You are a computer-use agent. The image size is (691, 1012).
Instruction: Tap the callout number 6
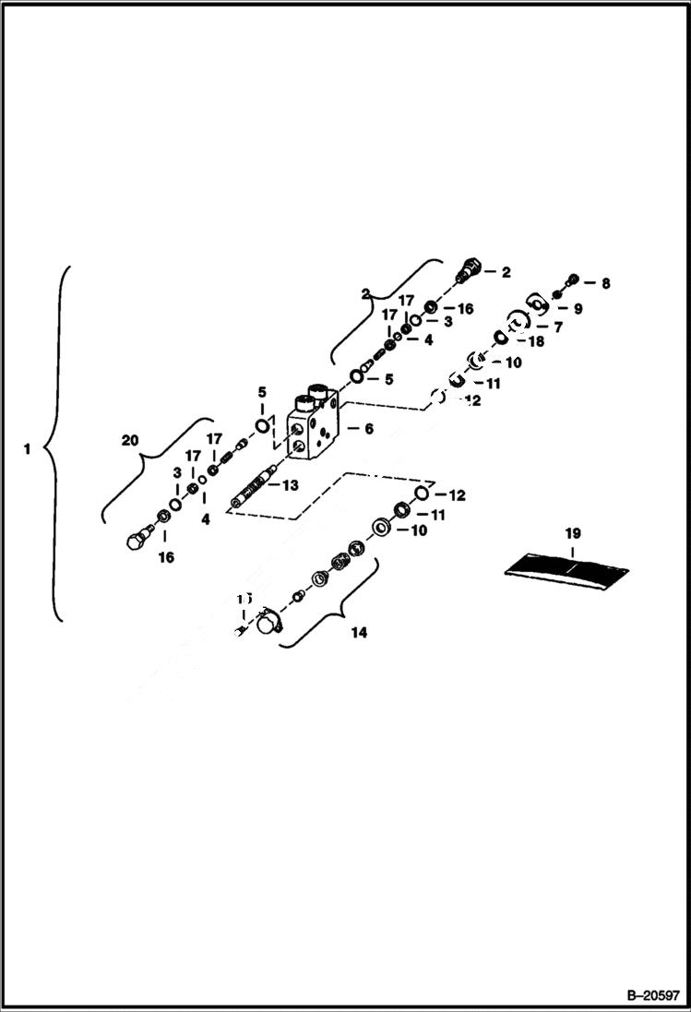[x=368, y=429]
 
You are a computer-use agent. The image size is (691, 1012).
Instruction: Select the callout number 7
[x=557, y=327]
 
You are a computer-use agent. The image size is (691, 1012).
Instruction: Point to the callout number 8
[x=605, y=284]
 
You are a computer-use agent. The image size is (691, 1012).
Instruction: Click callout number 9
[x=578, y=310]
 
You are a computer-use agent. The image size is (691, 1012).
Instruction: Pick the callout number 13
[x=290, y=485]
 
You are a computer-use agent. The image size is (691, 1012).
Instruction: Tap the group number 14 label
[x=359, y=633]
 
